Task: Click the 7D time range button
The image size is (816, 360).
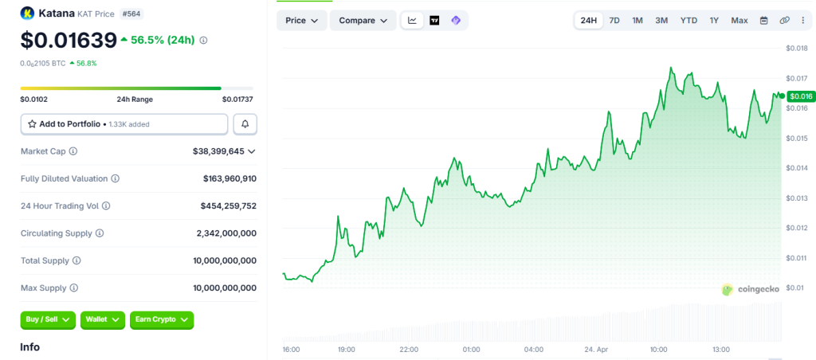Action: click(x=614, y=20)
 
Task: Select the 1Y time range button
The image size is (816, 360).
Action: click(x=714, y=20)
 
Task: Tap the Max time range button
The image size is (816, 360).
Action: click(x=739, y=20)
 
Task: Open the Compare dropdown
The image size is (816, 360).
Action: click(x=363, y=20)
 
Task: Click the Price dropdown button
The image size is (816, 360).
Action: click(x=302, y=20)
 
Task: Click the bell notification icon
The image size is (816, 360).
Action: click(x=245, y=124)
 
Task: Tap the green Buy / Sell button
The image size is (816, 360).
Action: click(x=48, y=319)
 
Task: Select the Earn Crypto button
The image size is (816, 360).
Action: click(x=162, y=319)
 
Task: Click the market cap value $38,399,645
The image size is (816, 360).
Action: click(x=218, y=151)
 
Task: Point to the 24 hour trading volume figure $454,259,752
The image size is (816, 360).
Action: click(x=228, y=205)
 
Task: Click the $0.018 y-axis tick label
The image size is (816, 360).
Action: click(x=796, y=49)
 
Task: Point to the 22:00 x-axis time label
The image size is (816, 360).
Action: click(x=409, y=350)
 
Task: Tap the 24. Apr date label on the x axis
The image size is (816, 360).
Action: click(x=597, y=350)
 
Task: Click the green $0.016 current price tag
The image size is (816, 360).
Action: click(x=799, y=96)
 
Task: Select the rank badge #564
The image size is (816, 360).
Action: click(x=131, y=14)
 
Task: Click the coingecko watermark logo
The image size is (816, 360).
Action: click(x=750, y=290)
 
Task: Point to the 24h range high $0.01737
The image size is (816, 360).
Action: click(x=237, y=100)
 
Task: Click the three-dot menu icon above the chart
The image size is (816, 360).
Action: click(x=803, y=20)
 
